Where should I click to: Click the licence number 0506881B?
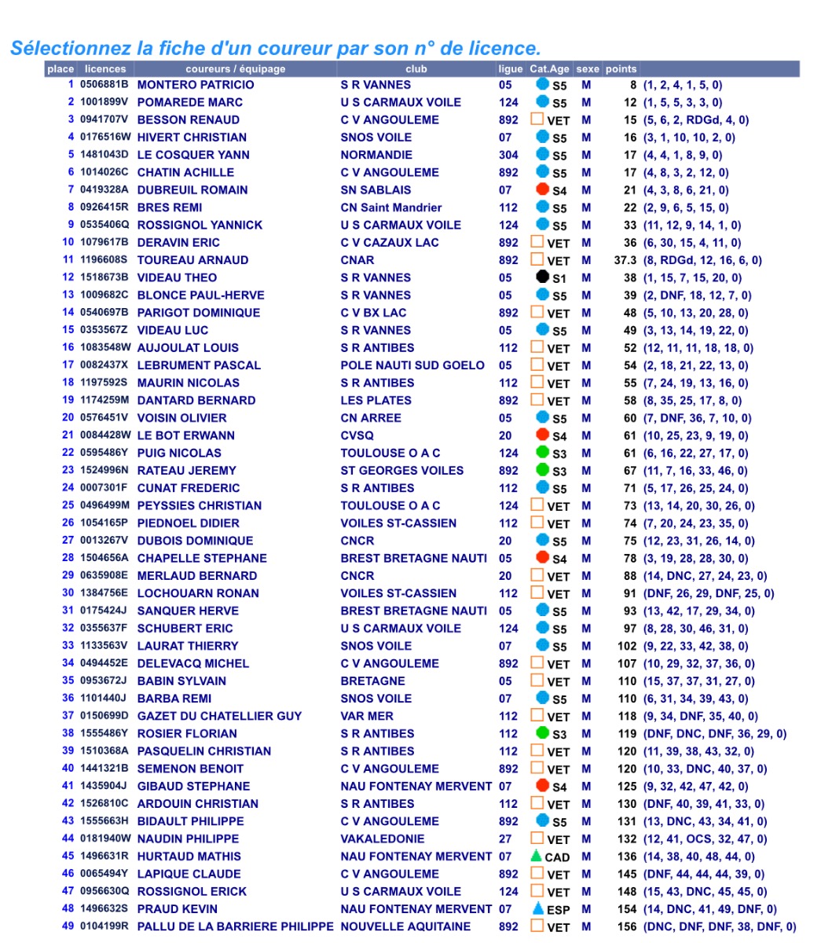tap(104, 85)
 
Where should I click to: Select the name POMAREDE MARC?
tap(189, 102)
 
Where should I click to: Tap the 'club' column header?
tap(416, 69)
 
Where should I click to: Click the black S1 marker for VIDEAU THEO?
tap(542, 277)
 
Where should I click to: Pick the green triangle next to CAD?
tap(536, 856)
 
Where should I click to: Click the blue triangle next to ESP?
tap(537, 908)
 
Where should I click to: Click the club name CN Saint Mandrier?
tap(390, 207)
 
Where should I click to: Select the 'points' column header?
tap(621, 69)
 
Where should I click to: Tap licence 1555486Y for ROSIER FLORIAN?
tap(104, 733)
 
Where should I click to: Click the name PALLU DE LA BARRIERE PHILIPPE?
tap(236, 926)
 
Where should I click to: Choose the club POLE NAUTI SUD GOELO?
tap(412, 365)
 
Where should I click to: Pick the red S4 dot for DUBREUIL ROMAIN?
tap(542, 189)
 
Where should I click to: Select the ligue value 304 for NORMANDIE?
tap(508, 155)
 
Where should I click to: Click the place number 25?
tap(68, 505)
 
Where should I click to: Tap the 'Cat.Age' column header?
tap(549, 69)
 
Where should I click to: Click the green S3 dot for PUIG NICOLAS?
tap(542, 453)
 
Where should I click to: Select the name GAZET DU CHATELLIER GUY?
tap(219, 716)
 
